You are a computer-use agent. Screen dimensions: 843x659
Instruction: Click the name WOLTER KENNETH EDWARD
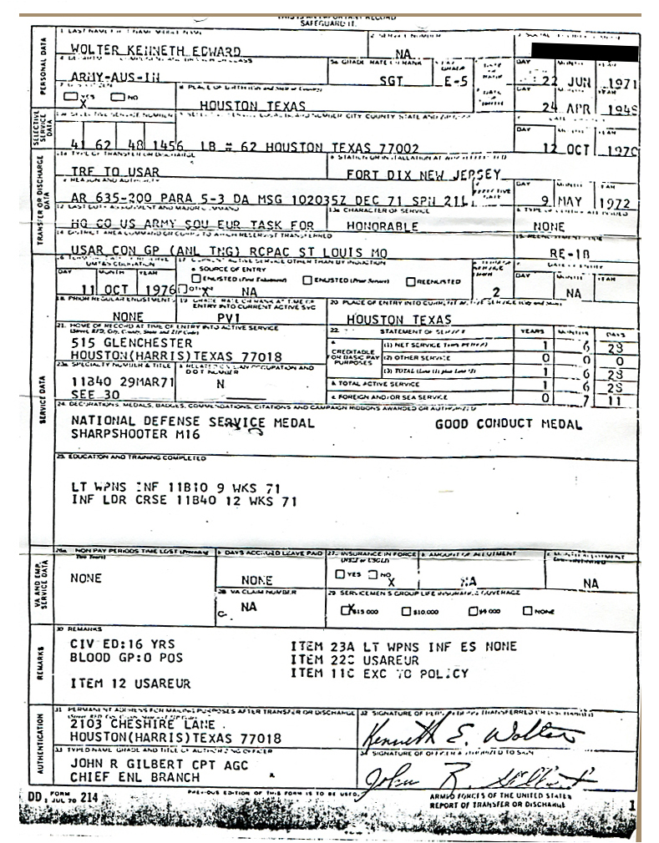pyautogui.click(x=150, y=51)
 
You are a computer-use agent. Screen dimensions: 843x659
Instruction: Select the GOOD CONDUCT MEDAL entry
pyautogui.click(x=509, y=424)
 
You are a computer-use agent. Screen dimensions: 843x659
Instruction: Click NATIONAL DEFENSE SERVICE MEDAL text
pyautogui.click(x=193, y=423)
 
